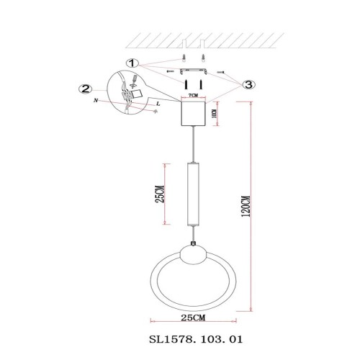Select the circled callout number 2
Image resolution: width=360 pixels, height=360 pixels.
pyautogui.click(x=86, y=89)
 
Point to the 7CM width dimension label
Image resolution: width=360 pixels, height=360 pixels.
pyautogui.click(x=192, y=94)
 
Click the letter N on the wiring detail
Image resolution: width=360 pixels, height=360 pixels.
pyautogui.click(x=96, y=103)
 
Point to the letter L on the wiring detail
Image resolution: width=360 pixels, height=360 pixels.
pyautogui.click(x=157, y=104)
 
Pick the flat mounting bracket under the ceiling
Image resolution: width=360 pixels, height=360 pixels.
pyautogui.click(x=192, y=73)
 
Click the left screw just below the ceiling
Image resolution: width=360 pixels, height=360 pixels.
pyautogui.click(x=184, y=58)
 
